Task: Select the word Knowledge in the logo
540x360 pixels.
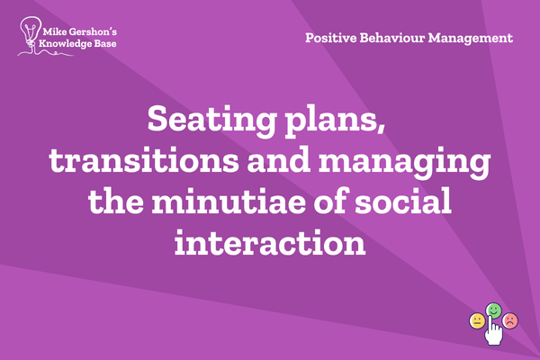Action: pos(60,44)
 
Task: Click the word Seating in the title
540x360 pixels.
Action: pos(211,120)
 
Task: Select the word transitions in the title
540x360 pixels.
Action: pos(144,160)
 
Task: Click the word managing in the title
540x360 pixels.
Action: pos(405,162)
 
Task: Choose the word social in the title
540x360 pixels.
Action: pos(403,201)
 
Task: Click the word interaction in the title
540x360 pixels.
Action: pos(270,242)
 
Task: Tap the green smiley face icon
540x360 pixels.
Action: pos(493,310)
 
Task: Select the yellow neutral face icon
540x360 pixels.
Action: pos(477,321)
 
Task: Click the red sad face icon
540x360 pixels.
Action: pos(510,320)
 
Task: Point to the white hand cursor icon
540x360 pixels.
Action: pos(493,331)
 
